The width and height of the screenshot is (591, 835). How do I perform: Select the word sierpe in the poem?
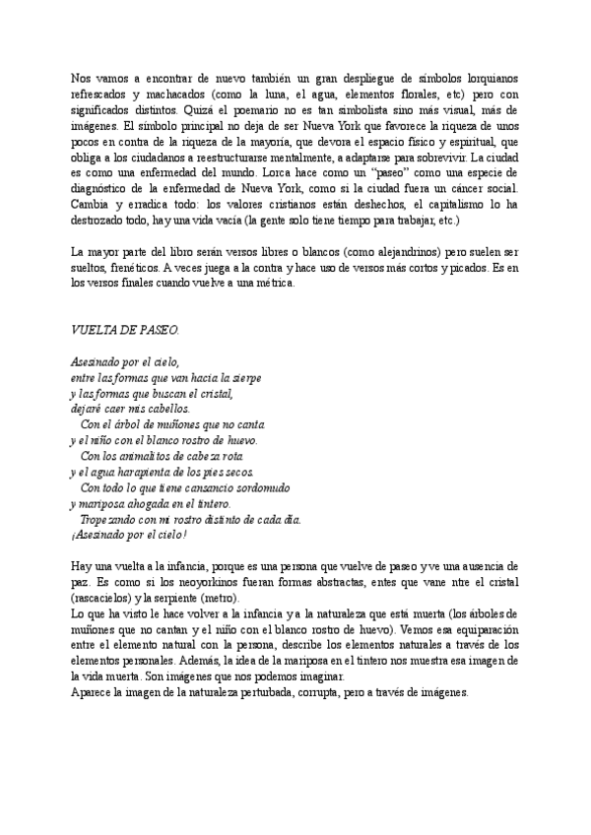tap(246, 377)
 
